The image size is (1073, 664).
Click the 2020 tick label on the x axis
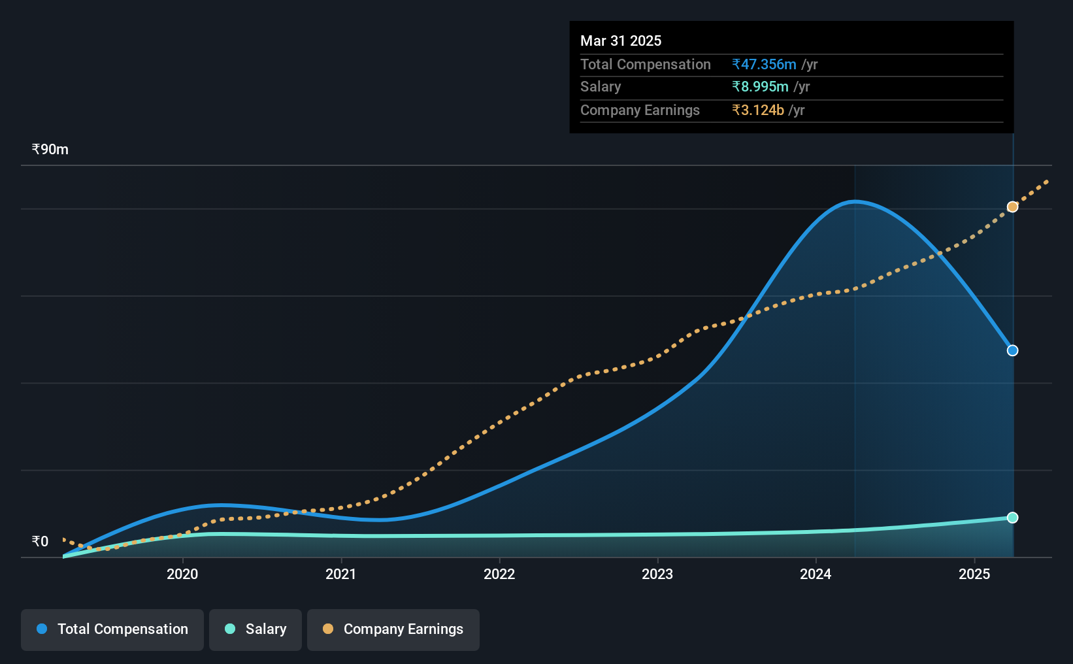[182, 574]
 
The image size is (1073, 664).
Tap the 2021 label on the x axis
[340, 574]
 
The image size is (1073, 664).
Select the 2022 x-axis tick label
[499, 574]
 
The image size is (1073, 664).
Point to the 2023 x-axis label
[657, 574]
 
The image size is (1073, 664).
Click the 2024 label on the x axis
[816, 574]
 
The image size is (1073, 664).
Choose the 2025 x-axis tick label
[974, 574]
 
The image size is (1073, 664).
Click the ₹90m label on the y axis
[50, 150]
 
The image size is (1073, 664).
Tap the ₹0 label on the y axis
[41, 541]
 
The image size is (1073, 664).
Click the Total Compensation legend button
[112, 629]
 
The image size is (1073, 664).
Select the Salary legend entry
[256, 629]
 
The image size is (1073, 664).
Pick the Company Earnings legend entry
[393, 629]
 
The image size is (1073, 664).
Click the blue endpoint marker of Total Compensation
[1012, 351]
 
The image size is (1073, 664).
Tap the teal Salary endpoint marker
[1012, 518]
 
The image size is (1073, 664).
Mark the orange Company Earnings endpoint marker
[1012, 207]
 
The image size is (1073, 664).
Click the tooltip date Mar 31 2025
[621, 41]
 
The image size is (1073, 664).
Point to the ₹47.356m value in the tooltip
[764, 64]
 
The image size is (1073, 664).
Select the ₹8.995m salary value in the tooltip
[760, 87]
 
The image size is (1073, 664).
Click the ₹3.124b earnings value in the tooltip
[758, 110]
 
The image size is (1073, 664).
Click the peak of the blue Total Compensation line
[855, 202]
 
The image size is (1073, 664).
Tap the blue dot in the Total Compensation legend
[42, 629]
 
